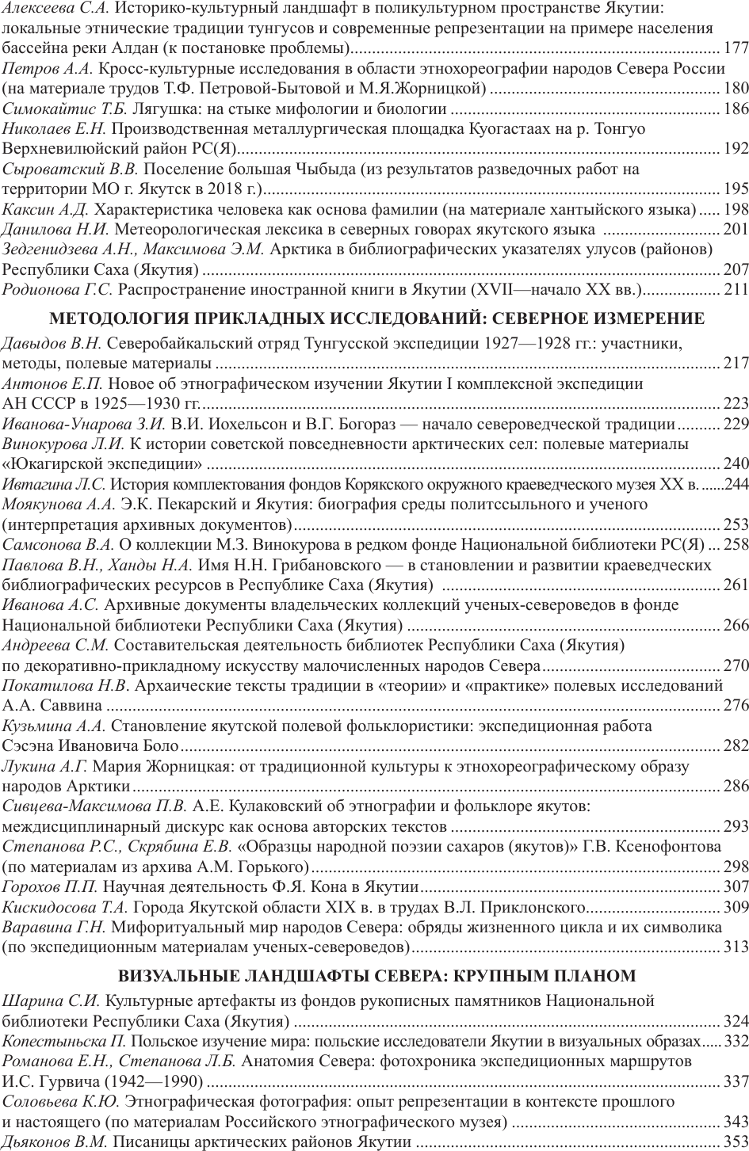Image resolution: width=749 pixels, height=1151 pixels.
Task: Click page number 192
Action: (x=737, y=148)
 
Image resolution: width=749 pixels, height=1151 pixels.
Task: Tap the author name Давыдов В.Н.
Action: (x=52, y=344)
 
